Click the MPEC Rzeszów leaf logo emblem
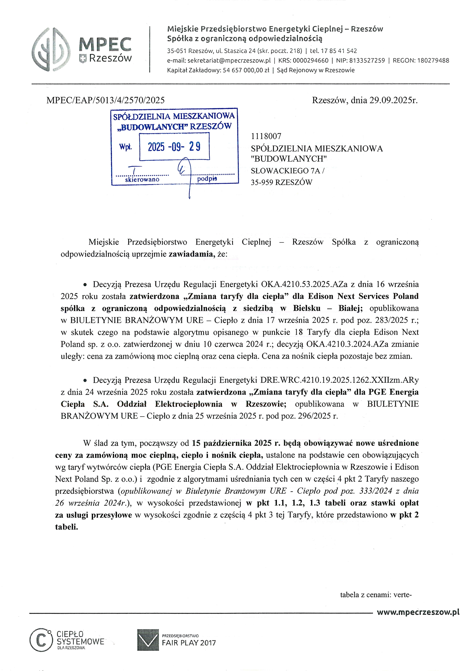(x=51, y=49)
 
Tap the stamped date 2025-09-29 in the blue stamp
(x=174, y=147)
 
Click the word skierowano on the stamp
(x=142, y=179)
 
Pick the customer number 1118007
(x=266, y=136)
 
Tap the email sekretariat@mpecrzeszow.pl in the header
(x=229, y=60)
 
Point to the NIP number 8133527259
(x=367, y=60)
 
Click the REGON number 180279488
(x=433, y=60)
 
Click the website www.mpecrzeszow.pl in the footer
(x=418, y=612)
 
